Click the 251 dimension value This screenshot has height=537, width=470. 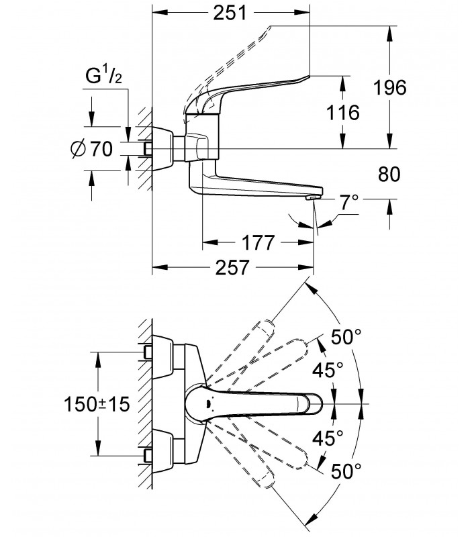[230, 13]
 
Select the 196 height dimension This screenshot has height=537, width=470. [390, 87]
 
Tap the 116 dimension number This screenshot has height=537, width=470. [342, 112]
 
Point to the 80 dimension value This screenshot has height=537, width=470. [389, 175]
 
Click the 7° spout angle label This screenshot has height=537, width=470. [349, 203]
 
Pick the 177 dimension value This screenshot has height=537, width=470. [258, 243]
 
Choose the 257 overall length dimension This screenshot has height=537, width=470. [232, 267]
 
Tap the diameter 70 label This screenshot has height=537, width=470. [92, 149]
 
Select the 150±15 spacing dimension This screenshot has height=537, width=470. [97, 405]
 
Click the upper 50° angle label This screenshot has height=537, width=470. [346, 338]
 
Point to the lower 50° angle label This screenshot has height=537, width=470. [346, 471]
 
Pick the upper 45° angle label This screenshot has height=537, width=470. [328, 370]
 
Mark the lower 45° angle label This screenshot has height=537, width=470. [328, 438]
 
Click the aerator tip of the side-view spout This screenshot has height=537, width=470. [314, 197]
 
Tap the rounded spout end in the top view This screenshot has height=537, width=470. [313, 403]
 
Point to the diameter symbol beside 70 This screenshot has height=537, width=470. [78, 149]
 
